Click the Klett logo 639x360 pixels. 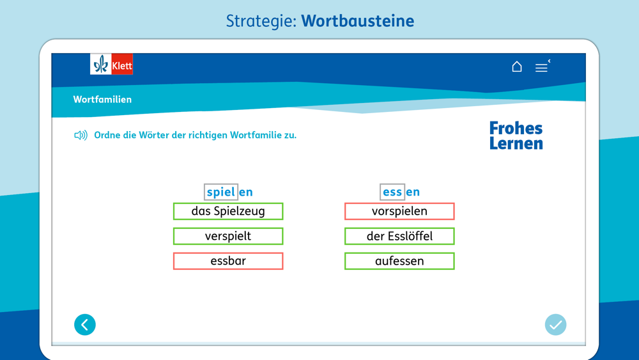click(x=111, y=64)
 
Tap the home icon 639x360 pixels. click(x=517, y=67)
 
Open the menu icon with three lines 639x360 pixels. click(x=542, y=67)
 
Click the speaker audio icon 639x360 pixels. click(x=81, y=135)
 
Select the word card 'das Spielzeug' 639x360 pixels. click(x=228, y=211)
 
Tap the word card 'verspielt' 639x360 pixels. click(x=228, y=236)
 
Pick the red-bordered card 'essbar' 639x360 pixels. click(x=228, y=261)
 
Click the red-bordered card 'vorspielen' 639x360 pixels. click(x=399, y=211)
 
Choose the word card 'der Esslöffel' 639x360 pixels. click(x=399, y=236)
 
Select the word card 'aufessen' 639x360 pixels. click(x=399, y=261)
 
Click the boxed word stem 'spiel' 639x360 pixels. click(x=221, y=192)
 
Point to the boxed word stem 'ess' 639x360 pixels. click(x=392, y=192)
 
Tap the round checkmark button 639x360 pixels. click(x=555, y=325)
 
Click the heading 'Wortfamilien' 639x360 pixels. click(x=102, y=100)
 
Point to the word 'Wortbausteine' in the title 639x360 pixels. click(x=357, y=21)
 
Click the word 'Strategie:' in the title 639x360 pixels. click(x=261, y=21)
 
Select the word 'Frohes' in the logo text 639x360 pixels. click(x=516, y=128)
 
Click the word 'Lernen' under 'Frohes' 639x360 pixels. click(x=516, y=143)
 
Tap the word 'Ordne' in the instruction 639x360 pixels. click(x=107, y=135)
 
